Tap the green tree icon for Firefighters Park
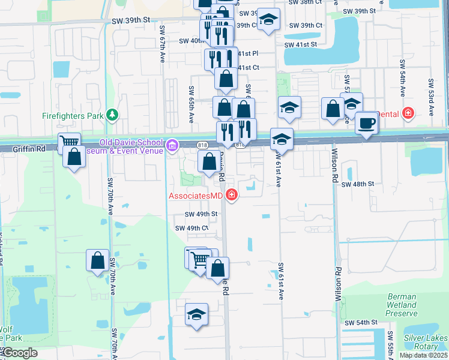tap(110, 114)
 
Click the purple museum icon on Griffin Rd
tap(172, 144)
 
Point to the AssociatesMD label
tap(196, 196)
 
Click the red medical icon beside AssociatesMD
tap(232, 195)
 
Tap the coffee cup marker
tap(366, 124)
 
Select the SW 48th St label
tap(358, 184)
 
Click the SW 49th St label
tap(201, 214)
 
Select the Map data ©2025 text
tap(423, 355)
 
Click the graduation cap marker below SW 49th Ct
tap(196, 314)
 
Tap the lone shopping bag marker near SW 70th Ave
tap(97, 260)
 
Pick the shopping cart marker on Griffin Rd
tap(70, 143)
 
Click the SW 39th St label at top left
tap(130, 20)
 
